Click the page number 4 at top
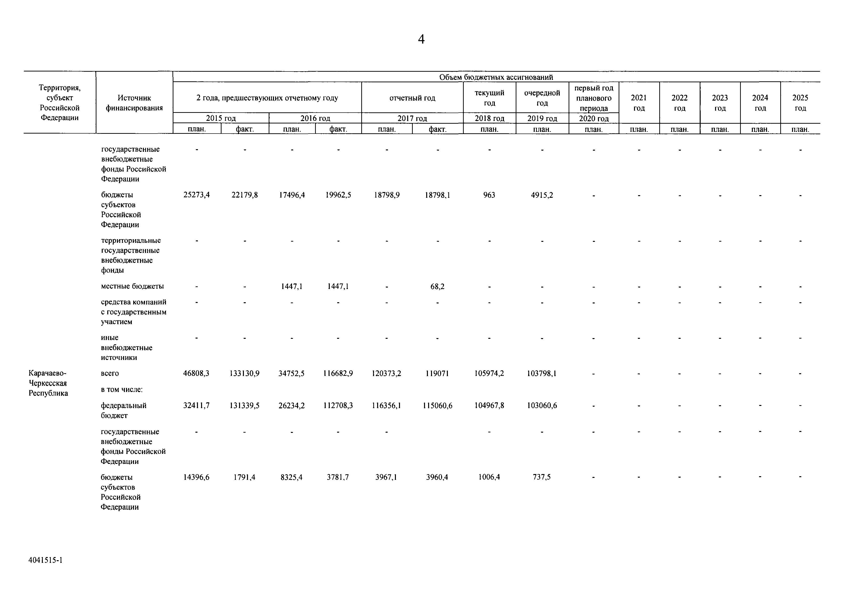pos(421,39)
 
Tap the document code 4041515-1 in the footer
pos(46,560)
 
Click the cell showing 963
pos(489,195)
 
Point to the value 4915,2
pos(542,195)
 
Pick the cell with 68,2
pos(438,286)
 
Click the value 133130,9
pos(244,373)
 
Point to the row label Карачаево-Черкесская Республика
pos(48,383)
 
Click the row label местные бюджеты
pos(132,286)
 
